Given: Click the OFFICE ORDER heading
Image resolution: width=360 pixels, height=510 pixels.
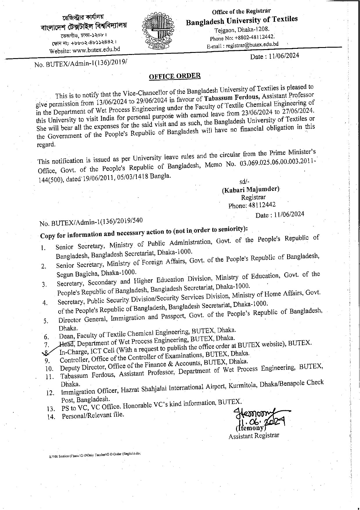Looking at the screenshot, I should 174,76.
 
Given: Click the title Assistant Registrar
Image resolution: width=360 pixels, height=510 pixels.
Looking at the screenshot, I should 254,436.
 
